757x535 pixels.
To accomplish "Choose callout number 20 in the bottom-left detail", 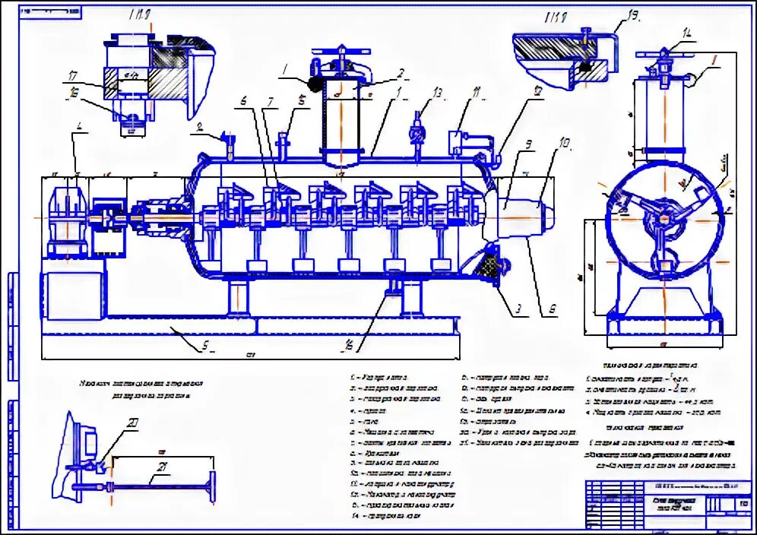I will pos(133,423).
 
